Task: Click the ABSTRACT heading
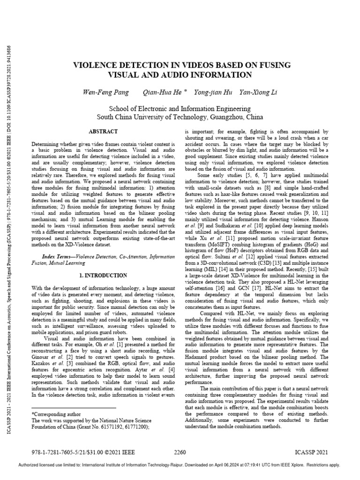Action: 103,132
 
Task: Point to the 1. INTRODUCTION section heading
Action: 103,275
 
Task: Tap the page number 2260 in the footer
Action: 180,452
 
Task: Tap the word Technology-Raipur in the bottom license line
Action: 165,465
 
